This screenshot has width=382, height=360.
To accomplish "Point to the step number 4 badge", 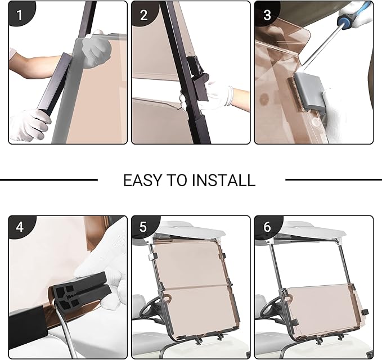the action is [x=20, y=227].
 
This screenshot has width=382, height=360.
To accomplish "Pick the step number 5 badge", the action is [x=143, y=227].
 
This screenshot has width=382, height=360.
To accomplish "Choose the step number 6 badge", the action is [x=267, y=227].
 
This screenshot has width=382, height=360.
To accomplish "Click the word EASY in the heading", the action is [x=142, y=181].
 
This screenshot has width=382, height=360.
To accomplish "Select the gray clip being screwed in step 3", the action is [x=309, y=92].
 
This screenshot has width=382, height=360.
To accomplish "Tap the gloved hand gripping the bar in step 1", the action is [x=29, y=124].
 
